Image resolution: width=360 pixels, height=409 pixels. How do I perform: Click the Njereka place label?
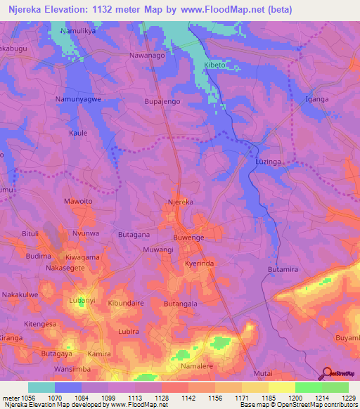[180, 202]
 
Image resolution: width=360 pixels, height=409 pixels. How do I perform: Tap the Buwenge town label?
[188, 238]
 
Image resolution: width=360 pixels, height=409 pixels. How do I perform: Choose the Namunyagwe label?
[79, 100]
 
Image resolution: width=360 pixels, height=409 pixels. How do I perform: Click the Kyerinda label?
[199, 262]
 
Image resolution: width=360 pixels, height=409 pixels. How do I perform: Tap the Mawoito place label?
[78, 201]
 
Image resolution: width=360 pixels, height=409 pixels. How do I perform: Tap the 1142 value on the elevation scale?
[188, 398]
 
